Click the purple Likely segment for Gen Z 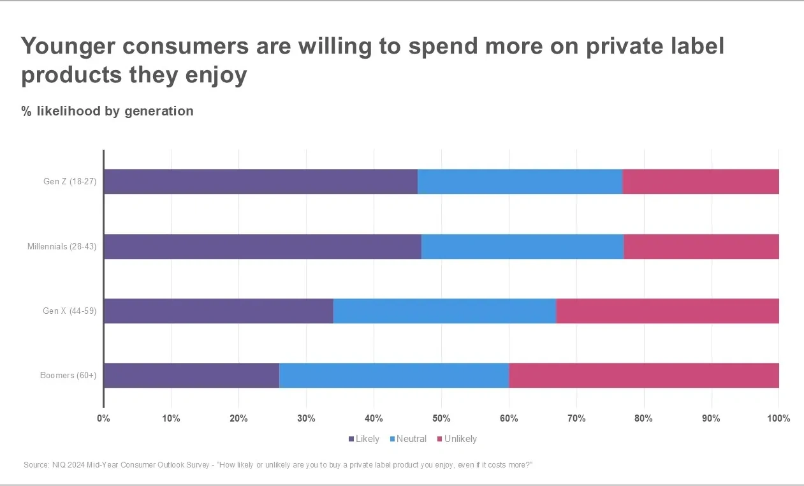[x=260, y=182]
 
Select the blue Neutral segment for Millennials [x=522, y=247]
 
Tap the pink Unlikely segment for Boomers [x=644, y=376]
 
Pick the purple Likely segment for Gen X [x=218, y=311]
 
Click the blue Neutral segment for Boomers [x=394, y=376]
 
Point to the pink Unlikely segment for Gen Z [x=700, y=182]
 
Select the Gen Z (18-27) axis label [x=69, y=182]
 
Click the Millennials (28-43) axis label [x=62, y=247]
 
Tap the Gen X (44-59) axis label [x=69, y=311]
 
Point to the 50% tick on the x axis [x=441, y=418]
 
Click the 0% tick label [x=103, y=418]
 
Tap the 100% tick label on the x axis [x=778, y=418]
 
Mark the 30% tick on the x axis [x=306, y=418]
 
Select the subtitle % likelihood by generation [x=107, y=111]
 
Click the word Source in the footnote [x=36, y=465]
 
